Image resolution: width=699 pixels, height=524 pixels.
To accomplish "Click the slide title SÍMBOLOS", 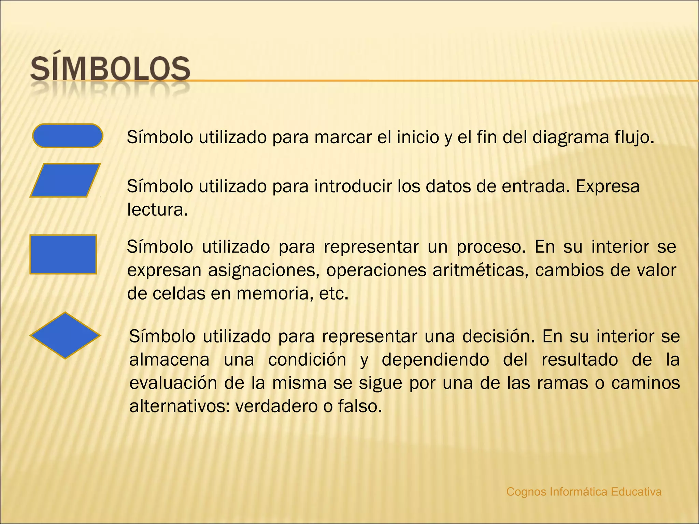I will pos(110,70).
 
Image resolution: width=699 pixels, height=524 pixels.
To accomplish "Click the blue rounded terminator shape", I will pos(68,136).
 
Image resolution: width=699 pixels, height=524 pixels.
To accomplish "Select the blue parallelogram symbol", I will pos(65,180).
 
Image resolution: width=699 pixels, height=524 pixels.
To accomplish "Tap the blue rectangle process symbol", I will pos(63,254).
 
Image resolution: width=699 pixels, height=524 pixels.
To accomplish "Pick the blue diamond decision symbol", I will pos(65,335).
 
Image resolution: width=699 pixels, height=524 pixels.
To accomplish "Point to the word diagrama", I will pos(571,137).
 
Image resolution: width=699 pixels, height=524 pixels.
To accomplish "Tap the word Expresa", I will pos(608,187).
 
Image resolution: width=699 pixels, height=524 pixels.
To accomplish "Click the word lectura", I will pos(157,210).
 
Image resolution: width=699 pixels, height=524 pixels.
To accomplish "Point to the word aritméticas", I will pos(480,271).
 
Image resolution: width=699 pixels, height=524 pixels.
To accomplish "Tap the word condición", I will pos(307,360).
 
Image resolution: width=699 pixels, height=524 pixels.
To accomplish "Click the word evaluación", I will pos(173,383).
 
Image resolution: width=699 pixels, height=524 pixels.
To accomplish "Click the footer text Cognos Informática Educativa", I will pos(584,492).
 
